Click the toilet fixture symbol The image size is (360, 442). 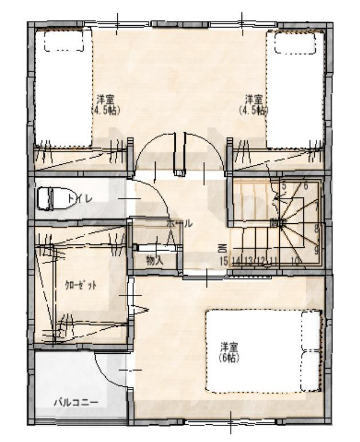pos(46,199)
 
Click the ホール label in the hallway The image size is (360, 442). pos(179,224)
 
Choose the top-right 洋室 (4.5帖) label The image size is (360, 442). pos(253,104)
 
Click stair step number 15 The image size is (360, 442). pos(224,261)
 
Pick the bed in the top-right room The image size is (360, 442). pos(296,86)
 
